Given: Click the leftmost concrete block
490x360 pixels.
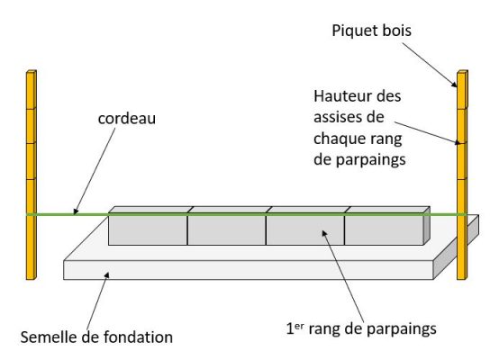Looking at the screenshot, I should (x=148, y=228).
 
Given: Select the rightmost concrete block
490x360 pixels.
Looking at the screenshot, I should (x=382, y=228).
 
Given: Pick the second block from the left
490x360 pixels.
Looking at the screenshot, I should (x=226, y=228).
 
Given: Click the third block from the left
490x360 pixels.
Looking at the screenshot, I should (x=304, y=228).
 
